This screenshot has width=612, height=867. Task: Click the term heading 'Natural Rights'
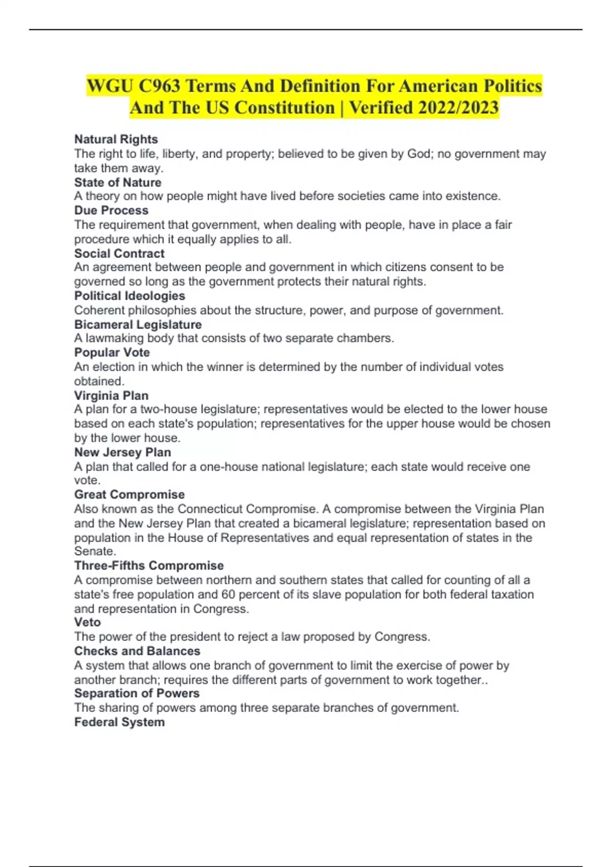point(116,139)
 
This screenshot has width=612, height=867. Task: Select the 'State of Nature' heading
point(117,183)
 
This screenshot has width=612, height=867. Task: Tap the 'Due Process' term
point(111,210)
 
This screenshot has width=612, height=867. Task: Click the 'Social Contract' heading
point(119,253)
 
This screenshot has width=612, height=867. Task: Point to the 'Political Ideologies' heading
point(130,296)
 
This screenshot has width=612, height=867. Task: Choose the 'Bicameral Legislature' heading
point(138,324)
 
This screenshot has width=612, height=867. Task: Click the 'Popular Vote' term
point(112,352)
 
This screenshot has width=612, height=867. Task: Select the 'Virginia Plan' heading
point(111,396)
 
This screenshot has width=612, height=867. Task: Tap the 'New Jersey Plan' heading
point(122,452)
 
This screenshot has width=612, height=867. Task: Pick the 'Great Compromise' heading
point(130,495)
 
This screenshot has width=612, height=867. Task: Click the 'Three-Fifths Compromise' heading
point(149,566)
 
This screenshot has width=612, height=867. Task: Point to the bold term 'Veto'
point(87,622)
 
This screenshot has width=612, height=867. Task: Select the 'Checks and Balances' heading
point(137,651)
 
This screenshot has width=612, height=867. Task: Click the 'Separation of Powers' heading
point(137,694)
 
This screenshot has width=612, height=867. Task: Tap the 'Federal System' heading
point(119,722)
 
